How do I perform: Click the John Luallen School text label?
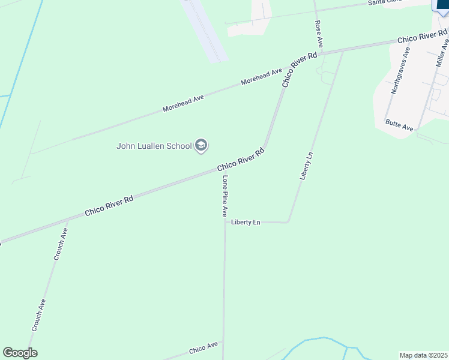[154, 146]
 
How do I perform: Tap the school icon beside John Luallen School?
[201, 146]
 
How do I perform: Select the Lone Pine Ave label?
[224, 196]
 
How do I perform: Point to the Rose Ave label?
[319, 34]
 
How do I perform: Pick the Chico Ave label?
[203, 347]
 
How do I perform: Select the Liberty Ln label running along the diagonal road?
[306, 166]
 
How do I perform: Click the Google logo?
[20, 353]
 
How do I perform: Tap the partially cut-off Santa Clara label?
[384, 3]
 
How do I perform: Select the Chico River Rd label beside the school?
[241, 159]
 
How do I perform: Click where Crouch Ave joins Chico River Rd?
[67, 221]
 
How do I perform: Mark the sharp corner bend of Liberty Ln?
[289, 222]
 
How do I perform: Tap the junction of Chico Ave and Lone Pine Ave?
[223, 342]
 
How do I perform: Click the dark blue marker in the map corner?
[442, 5]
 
